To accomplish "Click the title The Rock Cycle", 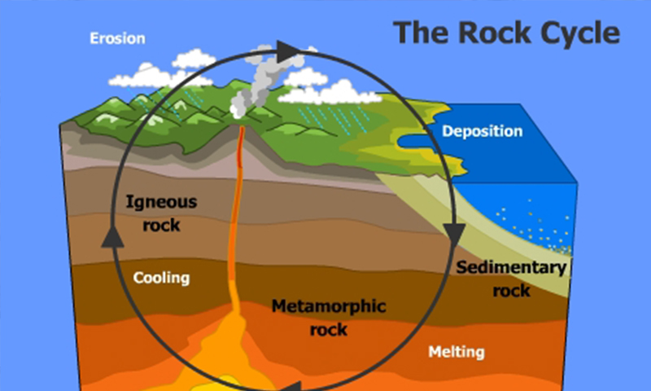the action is click(x=506, y=33).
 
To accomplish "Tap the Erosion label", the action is click(x=117, y=38).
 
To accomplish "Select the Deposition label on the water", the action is click(x=482, y=131).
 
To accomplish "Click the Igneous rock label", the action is click(x=161, y=213).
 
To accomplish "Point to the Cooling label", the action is click(x=161, y=278).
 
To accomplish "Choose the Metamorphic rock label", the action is click(x=329, y=318).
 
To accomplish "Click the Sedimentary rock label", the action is click(x=512, y=279).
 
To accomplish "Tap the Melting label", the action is click(x=457, y=352).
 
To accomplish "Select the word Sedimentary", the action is click(x=512, y=267).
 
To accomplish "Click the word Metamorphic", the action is click(x=329, y=306).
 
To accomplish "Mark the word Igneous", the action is click(x=161, y=202).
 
